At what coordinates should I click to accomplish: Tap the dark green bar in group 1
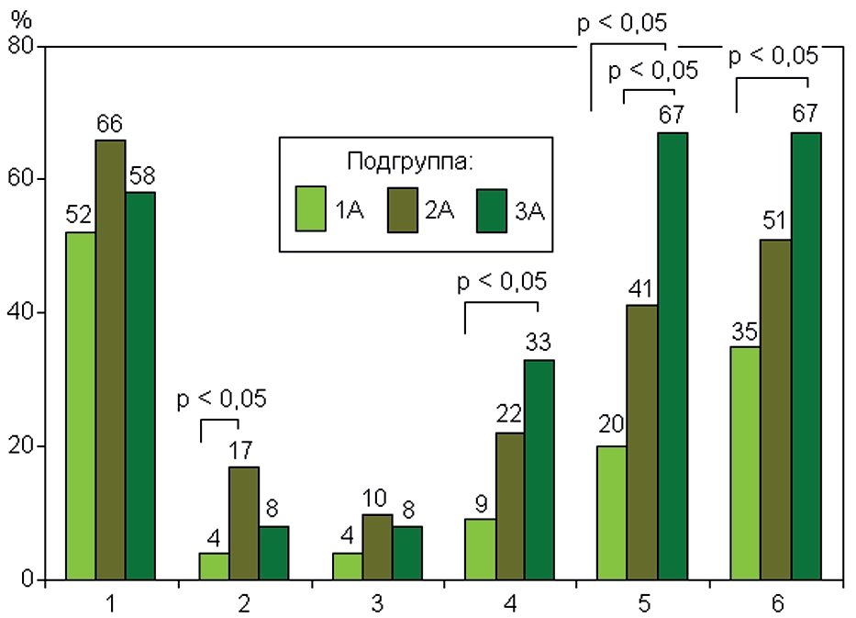pyautogui.click(x=140, y=386)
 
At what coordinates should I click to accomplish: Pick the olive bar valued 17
pyautogui.click(x=244, y=523)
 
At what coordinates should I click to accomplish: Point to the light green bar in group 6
pyautogui.click(x=745, y=463)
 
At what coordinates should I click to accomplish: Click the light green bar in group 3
pyautogui.click(x=347, y=567)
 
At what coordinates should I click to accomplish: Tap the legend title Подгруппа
pyautogui.click(x=410, y=163)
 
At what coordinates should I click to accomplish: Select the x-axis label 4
pyautogui.click(x=509, y=603)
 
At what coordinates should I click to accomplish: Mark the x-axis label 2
pyautogui.click(x=244, y=603)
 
